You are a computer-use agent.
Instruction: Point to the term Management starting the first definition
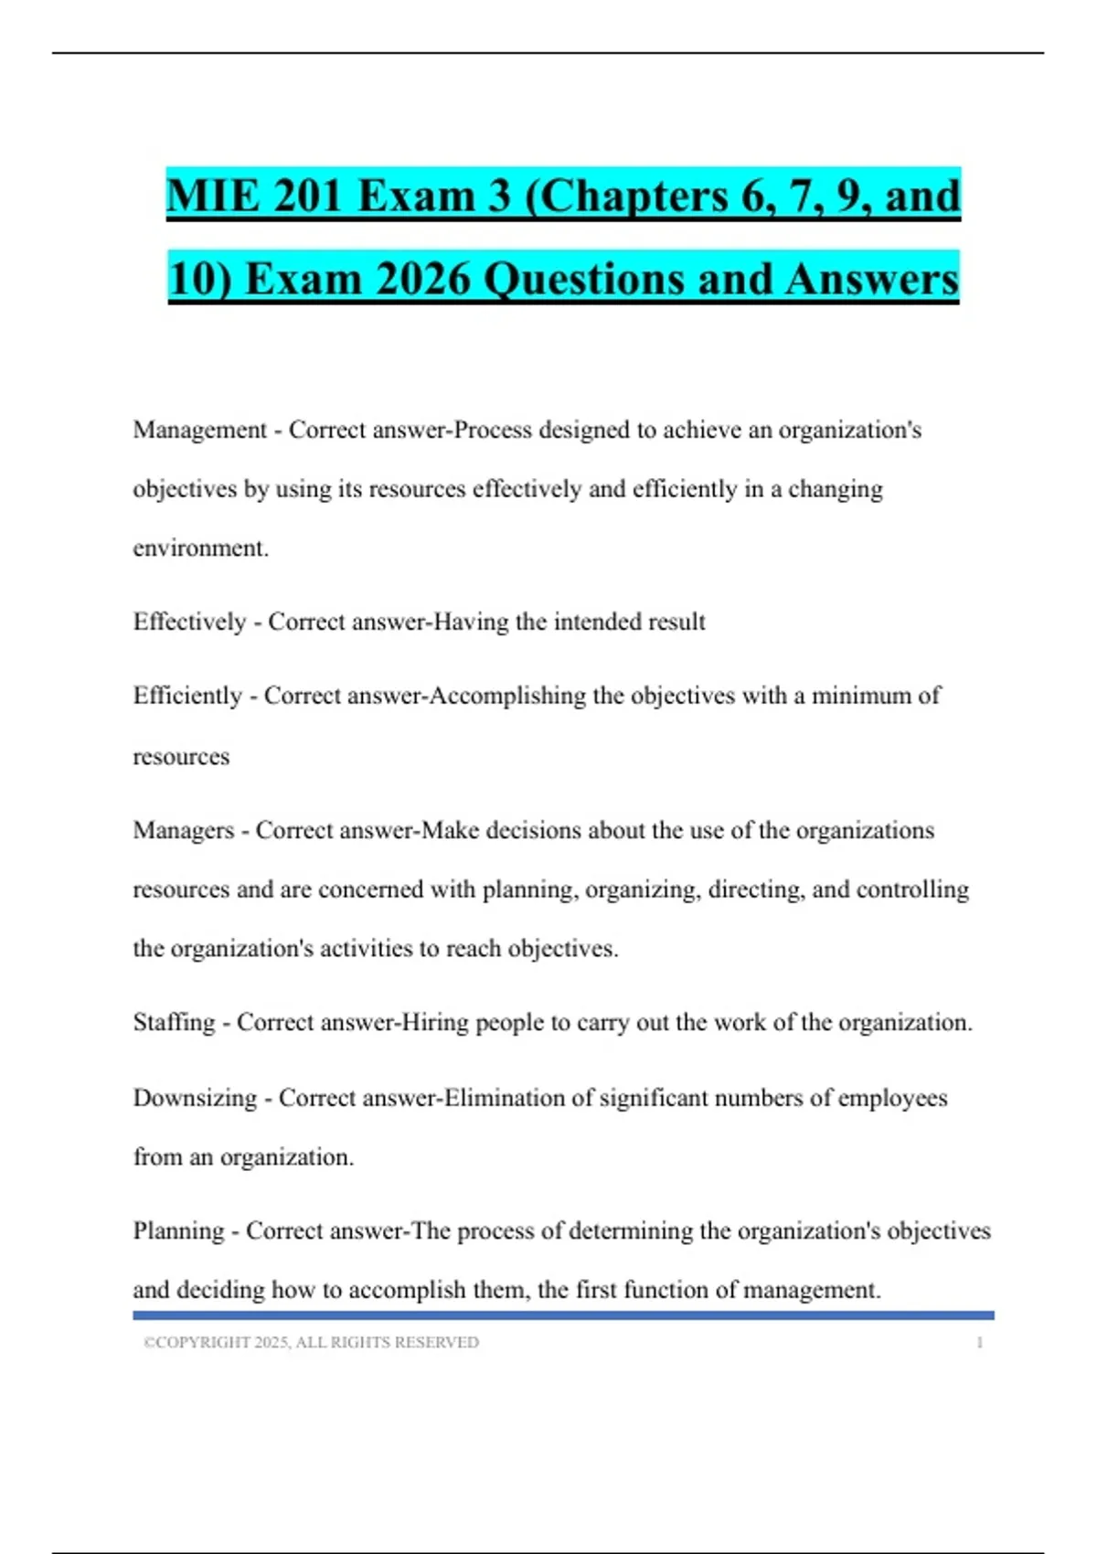tap(199, 430)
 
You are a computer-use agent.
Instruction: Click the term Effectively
tap(189, 622)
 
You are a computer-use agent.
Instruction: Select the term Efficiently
tap(187, 696)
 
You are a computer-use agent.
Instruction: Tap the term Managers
tap(183, 830)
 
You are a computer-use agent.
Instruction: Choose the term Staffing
tap(174, 1022)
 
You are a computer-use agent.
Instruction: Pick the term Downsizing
tap(195, 1097)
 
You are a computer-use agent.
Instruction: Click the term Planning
tap(178, 1230)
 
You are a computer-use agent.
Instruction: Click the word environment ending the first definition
tap(200, 548)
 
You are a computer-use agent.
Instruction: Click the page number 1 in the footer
tap(979, 1342)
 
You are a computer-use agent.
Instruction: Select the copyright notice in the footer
tap(311, 1342)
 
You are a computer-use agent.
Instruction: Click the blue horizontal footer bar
tap(563, 1315)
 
